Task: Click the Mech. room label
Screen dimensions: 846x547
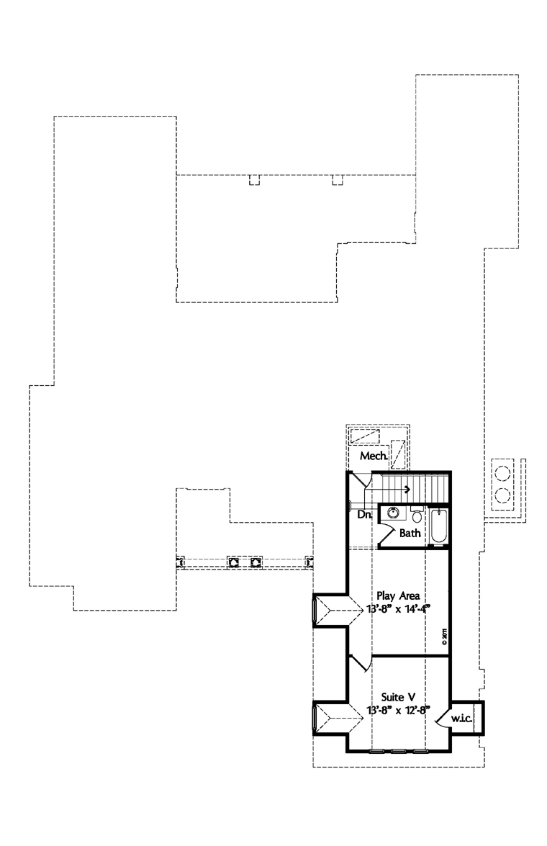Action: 374,456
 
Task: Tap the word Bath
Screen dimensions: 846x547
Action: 410,534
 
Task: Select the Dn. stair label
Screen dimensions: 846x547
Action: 364,514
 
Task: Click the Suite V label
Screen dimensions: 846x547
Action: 397,697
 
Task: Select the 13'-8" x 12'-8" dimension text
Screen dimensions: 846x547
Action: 397,711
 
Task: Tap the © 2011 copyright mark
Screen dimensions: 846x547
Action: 446,636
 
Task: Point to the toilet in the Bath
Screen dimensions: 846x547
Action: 417,515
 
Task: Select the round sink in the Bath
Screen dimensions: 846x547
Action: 392,513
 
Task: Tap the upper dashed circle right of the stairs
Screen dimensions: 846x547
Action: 502,473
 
